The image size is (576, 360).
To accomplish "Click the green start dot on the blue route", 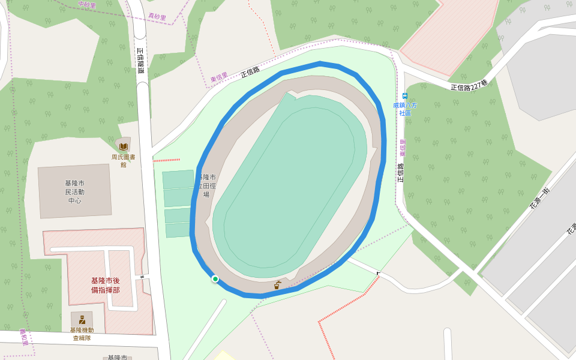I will click(x=215, y=278).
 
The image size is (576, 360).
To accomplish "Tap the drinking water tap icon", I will click(x=277, y=285).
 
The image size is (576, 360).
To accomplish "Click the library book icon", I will click(x=124, y=146).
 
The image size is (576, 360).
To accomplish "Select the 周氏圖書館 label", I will click(x=123, y=161).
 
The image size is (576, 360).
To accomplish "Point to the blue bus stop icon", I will click(x=405, y=95).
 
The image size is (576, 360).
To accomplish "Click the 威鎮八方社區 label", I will click(x=405, y=109).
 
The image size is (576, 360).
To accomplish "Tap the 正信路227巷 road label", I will click(x=469, y=86).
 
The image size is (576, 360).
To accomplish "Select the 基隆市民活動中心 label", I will click(x=75, y=191).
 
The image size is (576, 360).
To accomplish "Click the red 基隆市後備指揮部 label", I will click(x=106, y=285).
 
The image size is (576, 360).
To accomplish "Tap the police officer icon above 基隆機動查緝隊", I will click(x=82, y=319).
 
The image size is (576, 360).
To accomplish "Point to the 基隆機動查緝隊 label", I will click(x=82, y=334).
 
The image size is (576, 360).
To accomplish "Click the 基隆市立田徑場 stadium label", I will click(x=206, y=186).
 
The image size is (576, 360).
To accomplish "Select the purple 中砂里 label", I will click(x=87, y=5).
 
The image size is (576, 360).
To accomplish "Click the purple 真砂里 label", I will click(x=157, y=17).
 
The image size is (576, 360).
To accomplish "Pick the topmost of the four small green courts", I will click(x=178, y=179).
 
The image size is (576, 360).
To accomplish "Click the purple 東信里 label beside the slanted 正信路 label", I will click(x=219, y=78).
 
